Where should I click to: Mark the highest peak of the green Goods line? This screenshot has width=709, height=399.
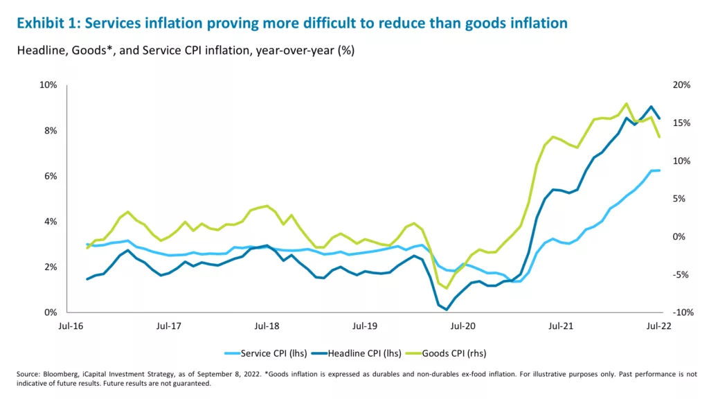tap(626, 103)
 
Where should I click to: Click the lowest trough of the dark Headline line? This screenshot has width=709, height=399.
tap(447, 310)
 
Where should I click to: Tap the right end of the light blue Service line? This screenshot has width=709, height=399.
tap(659, 170)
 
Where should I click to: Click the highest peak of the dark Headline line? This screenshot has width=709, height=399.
tap(651, 107)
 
